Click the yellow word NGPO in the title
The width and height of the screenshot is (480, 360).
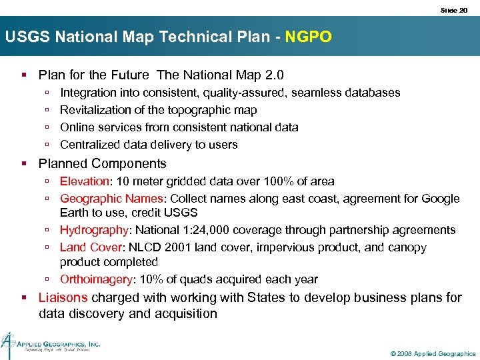[x=308, y=37]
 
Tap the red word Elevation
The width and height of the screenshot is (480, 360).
[x=84, y=181]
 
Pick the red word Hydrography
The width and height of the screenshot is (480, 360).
[x=94, y=230]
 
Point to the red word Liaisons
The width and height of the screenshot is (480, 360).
[x=63, y=297]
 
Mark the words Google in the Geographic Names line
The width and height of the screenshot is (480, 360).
[x=440, y=199]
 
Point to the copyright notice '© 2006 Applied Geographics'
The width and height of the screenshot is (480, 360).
[x=433, y=353]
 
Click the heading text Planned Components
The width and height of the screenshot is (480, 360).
[x=102, y=163]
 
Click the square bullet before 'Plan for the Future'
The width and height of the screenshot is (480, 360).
[x=24, y=75]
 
